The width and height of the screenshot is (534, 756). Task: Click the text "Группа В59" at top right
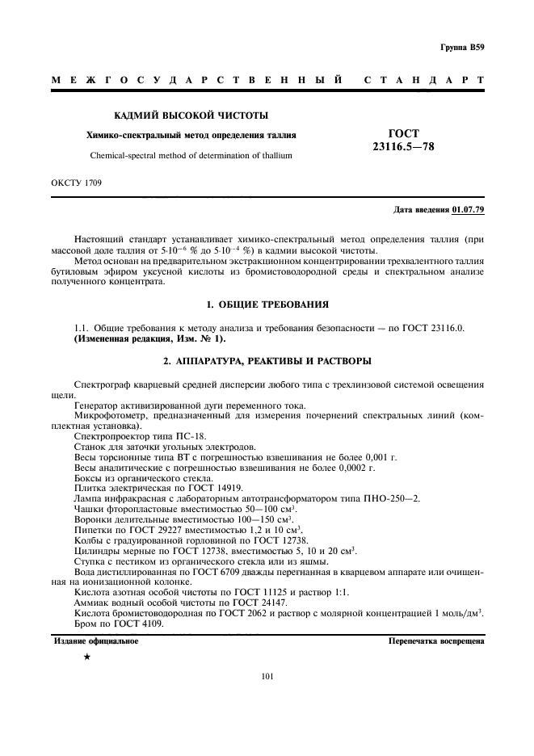click(462, 48)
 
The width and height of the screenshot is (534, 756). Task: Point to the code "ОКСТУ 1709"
click(77, 183)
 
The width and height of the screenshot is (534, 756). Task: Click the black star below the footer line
click(86, 658)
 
